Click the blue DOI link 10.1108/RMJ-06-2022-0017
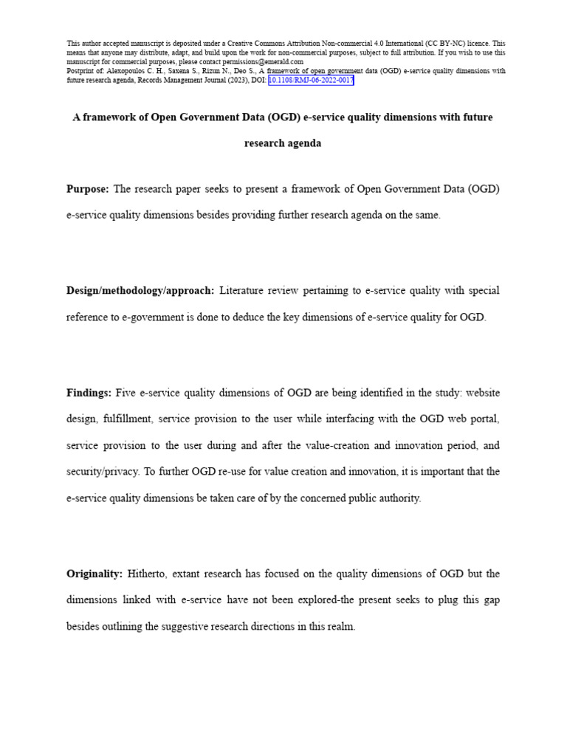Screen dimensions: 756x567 click(x=311, y=80)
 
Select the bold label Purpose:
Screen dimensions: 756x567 click(x=88, y=189)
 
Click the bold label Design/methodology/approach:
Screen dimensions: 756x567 click(x=140, y=291)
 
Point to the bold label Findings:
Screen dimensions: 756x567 click(x=89, y=393)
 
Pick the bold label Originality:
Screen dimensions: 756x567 click(x=93, y=574)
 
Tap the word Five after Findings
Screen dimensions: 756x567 click(x=127, y=393)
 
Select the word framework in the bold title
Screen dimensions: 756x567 click(x=110, y=117)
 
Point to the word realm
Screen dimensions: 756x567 click(x=342, y=627)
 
